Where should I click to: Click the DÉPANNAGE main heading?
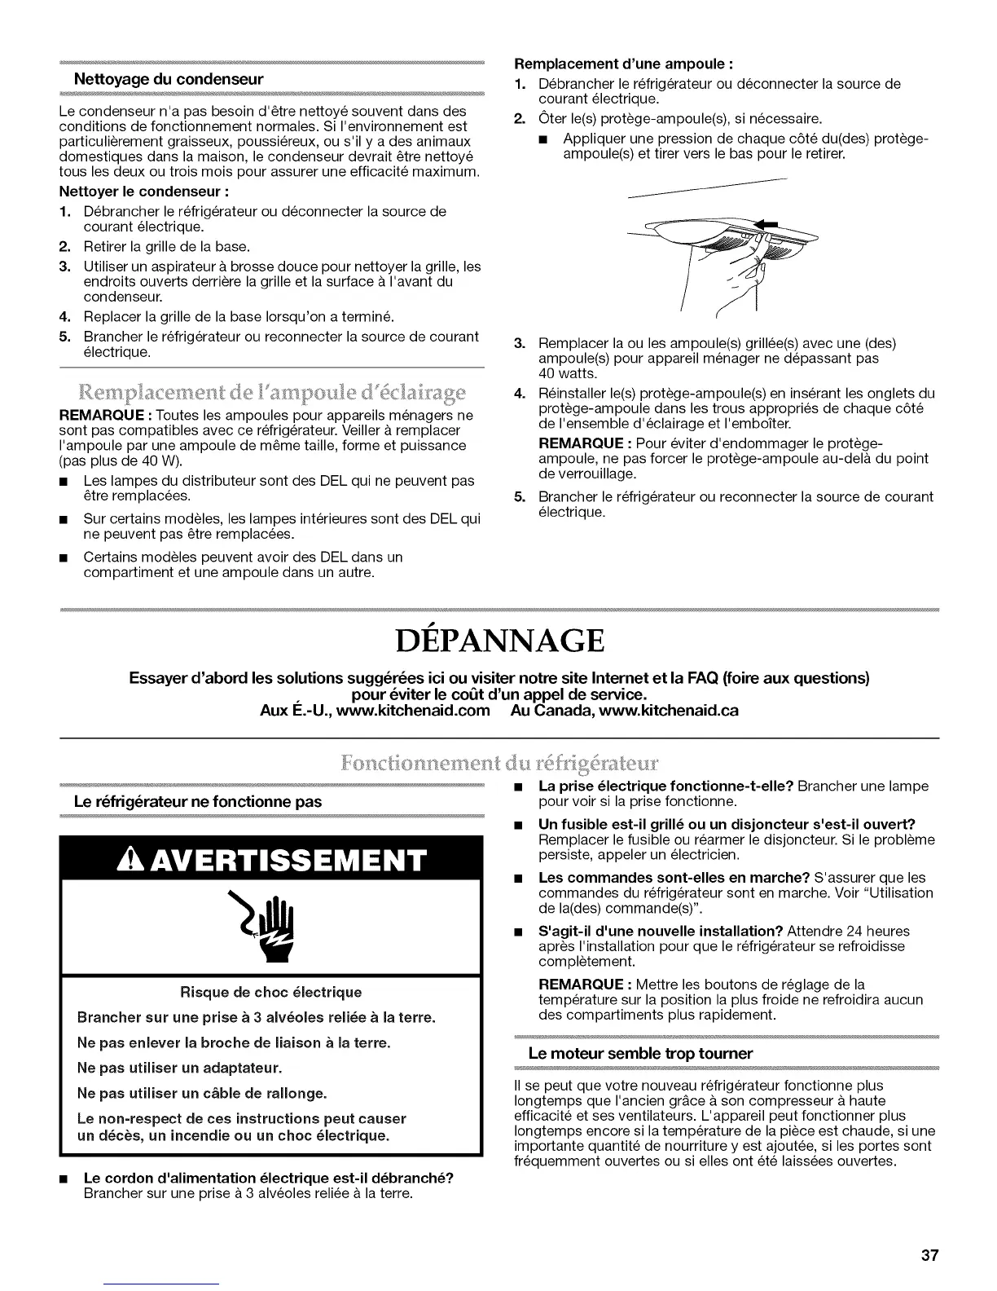498,641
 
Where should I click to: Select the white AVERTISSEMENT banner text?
272,860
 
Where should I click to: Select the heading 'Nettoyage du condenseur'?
168,80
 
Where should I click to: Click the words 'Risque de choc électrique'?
270,992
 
